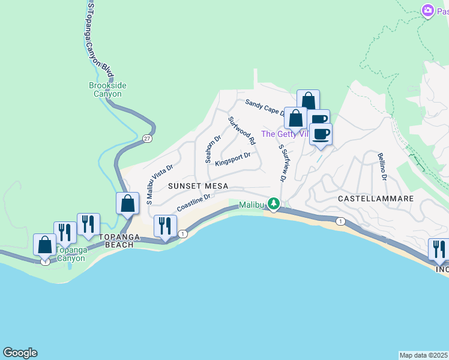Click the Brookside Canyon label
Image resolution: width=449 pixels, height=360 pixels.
click(105, 89)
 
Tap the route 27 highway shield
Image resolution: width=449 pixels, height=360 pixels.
click(147, 139)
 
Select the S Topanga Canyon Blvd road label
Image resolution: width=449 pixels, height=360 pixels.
click(99, 36)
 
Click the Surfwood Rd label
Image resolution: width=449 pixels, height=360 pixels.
click(242, 130)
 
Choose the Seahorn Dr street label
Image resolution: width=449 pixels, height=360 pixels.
click(214, 148)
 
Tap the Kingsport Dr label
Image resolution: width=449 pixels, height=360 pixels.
click(232, 159)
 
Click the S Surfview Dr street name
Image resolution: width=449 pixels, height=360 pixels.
click(282, 163)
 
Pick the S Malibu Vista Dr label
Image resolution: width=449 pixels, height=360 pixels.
click(159, 184)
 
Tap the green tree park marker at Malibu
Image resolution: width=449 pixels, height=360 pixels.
click(274, 204)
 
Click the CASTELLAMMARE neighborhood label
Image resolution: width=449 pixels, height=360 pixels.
click(375, 198)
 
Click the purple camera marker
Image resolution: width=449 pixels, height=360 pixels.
click(427, 10)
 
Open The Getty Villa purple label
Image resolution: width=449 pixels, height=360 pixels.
click(285, 134)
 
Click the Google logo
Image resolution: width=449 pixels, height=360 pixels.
click(20, 353)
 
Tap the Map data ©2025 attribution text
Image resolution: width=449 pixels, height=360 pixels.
click(424, 355)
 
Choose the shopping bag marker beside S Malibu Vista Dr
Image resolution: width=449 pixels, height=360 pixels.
click(127, 203)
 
